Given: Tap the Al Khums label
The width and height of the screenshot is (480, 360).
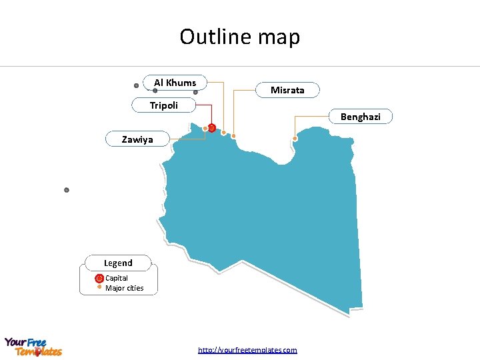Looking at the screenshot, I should [175, 83].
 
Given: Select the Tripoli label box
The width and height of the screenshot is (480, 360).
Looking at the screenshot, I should [164, 105].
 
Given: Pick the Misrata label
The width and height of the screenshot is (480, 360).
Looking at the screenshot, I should [287, 90].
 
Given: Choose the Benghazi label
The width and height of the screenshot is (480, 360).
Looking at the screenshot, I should [361, 117].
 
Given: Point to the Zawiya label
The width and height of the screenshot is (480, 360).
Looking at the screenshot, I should [137, 139].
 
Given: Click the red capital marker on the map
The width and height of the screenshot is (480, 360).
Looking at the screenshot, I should [211, 127].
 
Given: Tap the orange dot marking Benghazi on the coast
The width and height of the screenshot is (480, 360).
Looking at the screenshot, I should [295, 139].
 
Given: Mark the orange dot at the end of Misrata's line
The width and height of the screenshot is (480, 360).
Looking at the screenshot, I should [233, 136].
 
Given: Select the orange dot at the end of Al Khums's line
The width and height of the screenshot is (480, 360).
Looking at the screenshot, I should [223, 132].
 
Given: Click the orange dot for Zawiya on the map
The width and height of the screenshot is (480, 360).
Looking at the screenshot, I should [205, 129].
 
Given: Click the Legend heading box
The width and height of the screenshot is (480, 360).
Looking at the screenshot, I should [118, 263].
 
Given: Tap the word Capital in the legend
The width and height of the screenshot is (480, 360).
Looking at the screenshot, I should [117, 278].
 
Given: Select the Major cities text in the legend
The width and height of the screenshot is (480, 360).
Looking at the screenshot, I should [124, 288].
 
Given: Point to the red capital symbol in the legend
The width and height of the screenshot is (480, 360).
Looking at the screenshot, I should [99, 278].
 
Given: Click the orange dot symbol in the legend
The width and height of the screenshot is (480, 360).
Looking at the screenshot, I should [99, 288].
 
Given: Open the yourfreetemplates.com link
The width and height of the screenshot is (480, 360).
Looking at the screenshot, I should [247, 349].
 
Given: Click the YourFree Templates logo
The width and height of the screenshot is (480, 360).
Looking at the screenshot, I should [33, 347].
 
